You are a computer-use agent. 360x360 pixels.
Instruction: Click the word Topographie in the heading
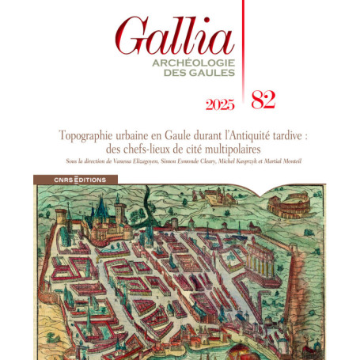point(89,135)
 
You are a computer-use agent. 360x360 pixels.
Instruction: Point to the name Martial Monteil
point(286,162)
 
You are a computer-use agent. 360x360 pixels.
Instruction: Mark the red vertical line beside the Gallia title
point(242,47)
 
